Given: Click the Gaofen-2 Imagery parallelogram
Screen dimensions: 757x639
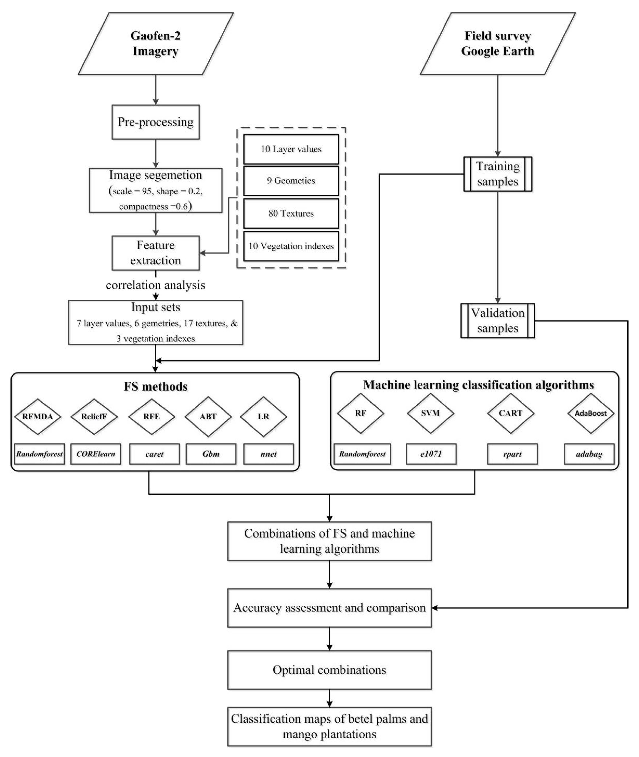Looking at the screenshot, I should coord(155,43).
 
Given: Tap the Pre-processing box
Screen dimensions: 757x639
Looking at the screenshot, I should coord(155,122).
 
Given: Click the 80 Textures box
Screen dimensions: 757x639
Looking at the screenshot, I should coord(291,213).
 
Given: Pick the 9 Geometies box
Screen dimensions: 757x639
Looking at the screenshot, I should coord(291,181).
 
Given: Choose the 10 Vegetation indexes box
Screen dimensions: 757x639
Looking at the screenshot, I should coord(291,246).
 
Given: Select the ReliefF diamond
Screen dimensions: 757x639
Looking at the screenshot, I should coord(94,417).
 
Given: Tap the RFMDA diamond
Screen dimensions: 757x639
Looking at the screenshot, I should coord(38,417).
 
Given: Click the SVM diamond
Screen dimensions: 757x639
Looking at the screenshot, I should coord(430,413).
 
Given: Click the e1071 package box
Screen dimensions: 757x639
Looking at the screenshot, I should coord(431,454).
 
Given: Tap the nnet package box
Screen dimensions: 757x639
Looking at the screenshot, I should coord(268,454).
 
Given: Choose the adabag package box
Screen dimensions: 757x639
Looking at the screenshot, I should coord(589,454).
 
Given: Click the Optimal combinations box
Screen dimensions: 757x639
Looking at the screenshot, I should coord(329,670).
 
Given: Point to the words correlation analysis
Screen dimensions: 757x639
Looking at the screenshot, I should coord(155,285).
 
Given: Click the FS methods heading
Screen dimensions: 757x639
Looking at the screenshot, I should coord(155,386).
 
